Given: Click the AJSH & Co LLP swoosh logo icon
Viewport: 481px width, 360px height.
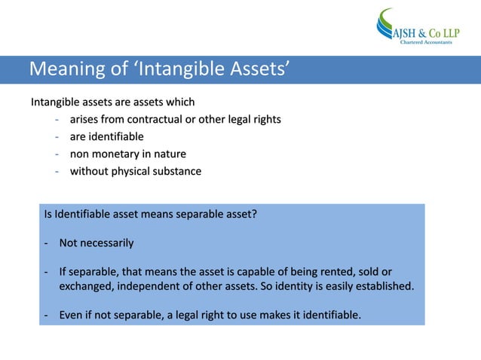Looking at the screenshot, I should tap(387, 24).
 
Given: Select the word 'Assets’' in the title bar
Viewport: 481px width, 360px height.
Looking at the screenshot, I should tap(254, 71).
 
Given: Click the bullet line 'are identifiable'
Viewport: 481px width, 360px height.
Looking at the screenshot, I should tap(106, 136).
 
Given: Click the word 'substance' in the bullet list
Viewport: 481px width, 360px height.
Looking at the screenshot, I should tap(180, 171).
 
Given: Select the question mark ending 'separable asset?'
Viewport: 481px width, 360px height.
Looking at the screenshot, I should tap(255, 215).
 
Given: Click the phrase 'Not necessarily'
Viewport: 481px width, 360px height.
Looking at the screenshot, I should tap(97, 243).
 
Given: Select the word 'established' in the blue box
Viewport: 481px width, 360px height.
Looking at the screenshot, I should tap(383, 286).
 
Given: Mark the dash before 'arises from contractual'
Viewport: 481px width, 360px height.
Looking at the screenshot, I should tap(57, 119).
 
